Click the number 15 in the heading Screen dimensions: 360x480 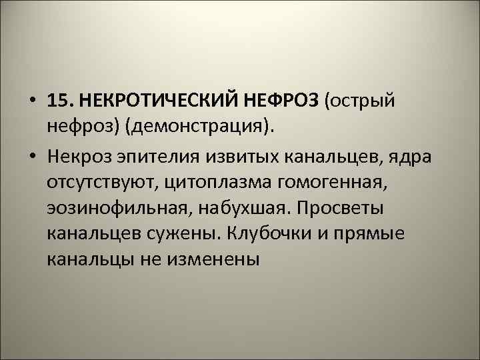pos(59,101)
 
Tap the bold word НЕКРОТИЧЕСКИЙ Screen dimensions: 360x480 pos(155,101)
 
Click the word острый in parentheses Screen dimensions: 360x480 pos(363,101)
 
